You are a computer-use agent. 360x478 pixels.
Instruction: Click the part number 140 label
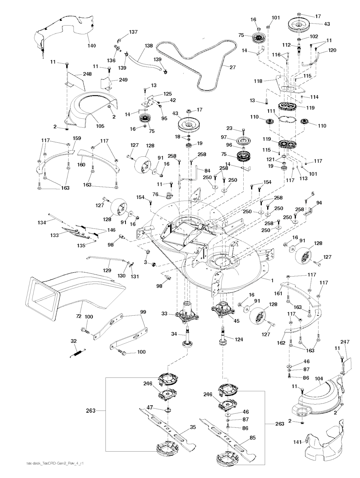tap(91, 46)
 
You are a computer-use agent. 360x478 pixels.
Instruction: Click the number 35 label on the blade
tap(192, 428)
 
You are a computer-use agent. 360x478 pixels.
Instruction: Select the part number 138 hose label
tap(148, 46)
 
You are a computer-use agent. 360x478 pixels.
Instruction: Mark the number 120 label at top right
tap(332, 50)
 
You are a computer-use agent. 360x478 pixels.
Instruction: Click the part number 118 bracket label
tap(258, 81)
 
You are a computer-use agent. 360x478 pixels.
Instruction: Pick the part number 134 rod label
tap(42, 222)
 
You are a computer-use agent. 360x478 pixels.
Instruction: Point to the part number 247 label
tap(345, 341)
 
